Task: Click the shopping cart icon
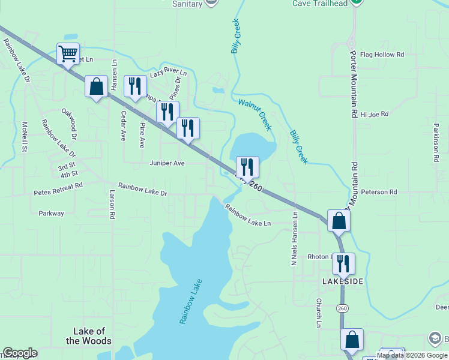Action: (x=68, y=53)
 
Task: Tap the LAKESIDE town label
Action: (x=343, y=281)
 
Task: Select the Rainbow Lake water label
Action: (x=191, y=302)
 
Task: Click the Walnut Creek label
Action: (x=255, y=114)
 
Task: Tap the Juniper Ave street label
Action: (x=167, y=163)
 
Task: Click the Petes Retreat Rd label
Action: (x=58, y=187)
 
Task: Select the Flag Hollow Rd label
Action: (x=382, y=55)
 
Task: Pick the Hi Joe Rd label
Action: (x=375, y=114)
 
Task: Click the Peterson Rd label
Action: (x=379, y=192)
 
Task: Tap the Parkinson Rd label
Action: (x=435, y=144)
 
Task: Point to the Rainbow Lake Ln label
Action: (x=249, y=215)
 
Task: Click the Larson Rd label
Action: (x=112, y=205)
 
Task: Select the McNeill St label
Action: (x=25, y=137)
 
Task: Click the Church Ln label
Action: (x=318, y=313)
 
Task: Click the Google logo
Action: (x=20, y=353)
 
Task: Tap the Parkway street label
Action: (x=51, y=213)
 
